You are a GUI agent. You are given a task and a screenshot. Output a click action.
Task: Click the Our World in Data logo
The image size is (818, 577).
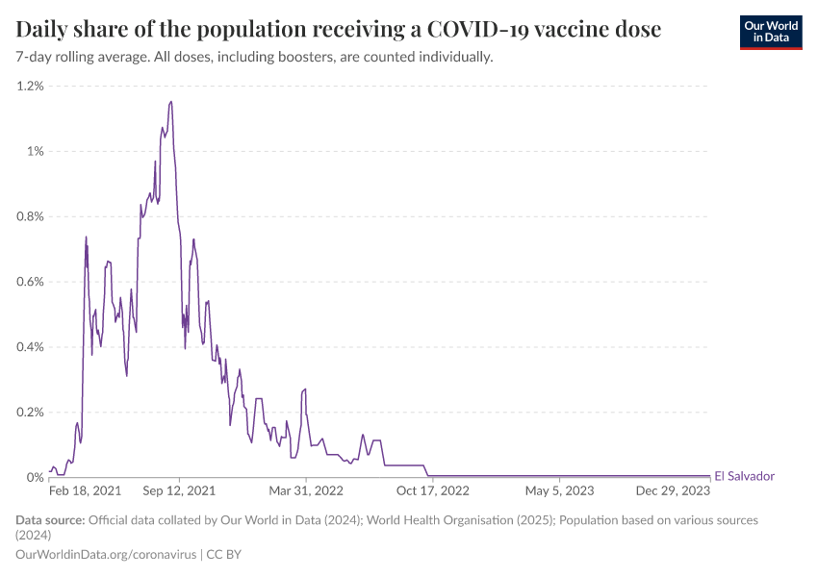click(771, 31)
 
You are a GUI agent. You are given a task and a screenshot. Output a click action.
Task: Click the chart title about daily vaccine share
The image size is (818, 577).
click(339, 30)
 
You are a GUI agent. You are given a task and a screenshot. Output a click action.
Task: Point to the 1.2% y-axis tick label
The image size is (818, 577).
click(30, 86)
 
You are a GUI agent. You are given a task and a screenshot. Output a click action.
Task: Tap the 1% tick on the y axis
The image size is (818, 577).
click(35, 151)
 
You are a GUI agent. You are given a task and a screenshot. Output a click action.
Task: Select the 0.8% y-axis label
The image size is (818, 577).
click(30, 216)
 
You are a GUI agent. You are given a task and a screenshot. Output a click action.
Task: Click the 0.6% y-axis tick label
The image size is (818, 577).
click(30, 282)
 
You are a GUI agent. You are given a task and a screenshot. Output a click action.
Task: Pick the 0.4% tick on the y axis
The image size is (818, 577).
click(30, 347)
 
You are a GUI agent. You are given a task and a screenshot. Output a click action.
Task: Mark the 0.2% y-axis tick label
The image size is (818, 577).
click(30, 412)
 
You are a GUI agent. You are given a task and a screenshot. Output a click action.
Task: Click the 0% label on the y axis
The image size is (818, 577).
click(36, 477)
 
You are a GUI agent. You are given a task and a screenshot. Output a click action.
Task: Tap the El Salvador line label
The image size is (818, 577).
click(744, 476)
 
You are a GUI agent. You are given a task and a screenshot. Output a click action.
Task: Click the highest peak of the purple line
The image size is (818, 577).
click(170, 102)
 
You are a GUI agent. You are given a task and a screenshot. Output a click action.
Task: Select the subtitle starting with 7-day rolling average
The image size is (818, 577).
click(254, 57)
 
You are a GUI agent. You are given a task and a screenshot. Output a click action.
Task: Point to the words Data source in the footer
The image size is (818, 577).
click(50, 520)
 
